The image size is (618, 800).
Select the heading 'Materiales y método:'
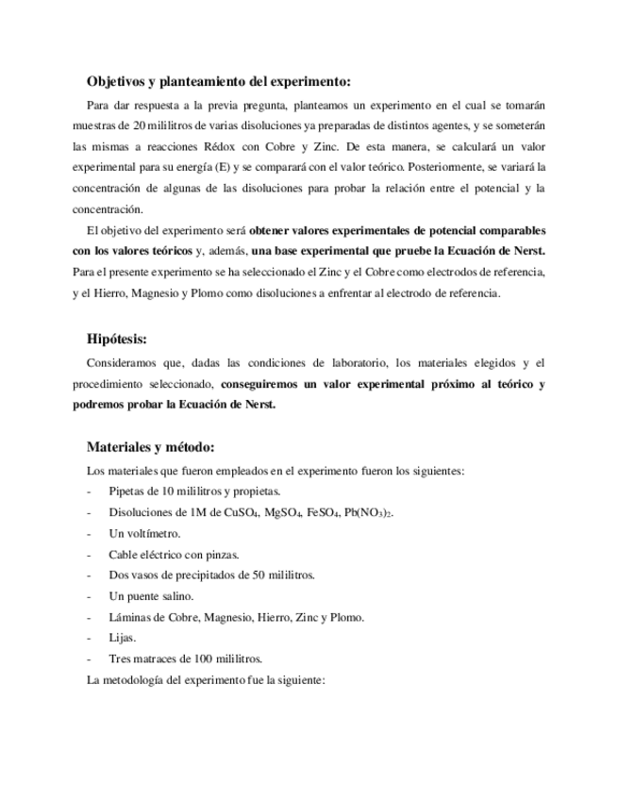150,447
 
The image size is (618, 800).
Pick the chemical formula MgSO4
285,512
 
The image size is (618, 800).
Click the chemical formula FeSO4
326,512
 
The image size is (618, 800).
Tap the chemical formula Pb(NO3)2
370,512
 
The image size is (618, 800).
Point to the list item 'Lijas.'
123,638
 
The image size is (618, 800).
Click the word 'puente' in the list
149,596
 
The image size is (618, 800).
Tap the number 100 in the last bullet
206,658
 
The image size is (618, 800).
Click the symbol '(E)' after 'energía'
223,167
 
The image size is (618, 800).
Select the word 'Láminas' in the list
130,617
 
